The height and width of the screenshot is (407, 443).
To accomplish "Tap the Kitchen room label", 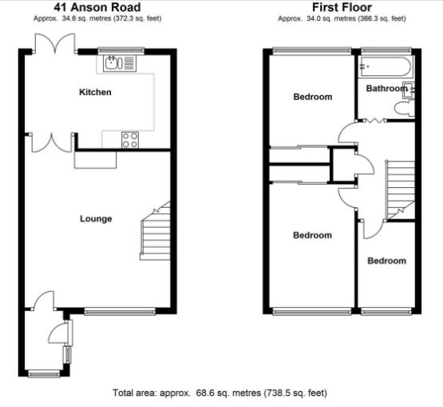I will pyautogui.click(x=95, y=93).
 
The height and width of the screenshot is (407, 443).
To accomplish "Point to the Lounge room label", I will pyautogui.click(x=96, y=219).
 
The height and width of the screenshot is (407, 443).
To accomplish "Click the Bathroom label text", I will pyautogui.click(x=386, y=89).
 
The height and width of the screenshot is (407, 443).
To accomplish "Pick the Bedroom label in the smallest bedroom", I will pyautogui.click(x=386, y=261).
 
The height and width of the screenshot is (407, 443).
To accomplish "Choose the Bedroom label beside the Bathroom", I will pyautogui.click(x=312, y=98).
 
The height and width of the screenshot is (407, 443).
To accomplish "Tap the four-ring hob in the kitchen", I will pyautogui.click(x=130, y=139).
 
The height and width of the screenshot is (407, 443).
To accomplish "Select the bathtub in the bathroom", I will pyautogui.click(x=386, y=66).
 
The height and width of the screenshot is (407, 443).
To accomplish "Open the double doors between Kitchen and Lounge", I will pyautogui.click(x=50, y=142).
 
